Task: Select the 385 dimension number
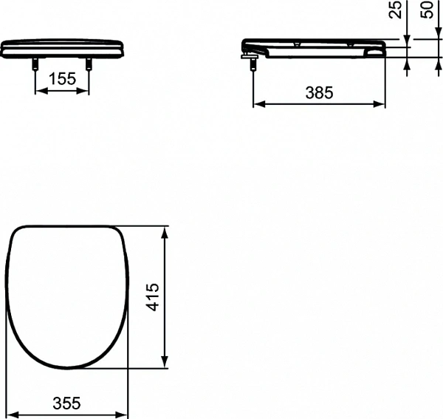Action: (319, 92)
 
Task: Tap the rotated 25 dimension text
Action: (396, 10)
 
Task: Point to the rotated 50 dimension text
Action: (426, 10)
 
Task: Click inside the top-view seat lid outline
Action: (68, 296)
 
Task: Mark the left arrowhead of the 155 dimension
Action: (38, 92)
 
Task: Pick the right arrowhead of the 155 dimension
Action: (86, 92)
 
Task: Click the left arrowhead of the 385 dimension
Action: (258, 104)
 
